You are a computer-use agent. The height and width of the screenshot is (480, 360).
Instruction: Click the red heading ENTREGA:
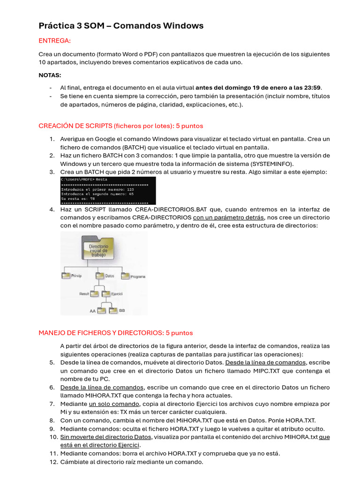[x=54, y=41]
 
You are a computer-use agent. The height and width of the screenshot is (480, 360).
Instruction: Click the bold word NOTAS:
[x=50, y=75]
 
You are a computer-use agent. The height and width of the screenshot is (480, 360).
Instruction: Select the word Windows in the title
[x=185, y=26]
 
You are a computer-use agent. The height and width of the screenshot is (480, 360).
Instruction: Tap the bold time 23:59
[x=312, y=88]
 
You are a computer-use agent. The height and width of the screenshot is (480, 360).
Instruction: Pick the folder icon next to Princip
[x=66, y=276]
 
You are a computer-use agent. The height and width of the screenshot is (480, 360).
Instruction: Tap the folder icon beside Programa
[x=125, y=276]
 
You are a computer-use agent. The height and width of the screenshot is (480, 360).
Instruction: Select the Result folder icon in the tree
[x=95, y=293]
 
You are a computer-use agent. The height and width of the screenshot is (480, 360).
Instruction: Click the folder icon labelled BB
[x=113, y=310]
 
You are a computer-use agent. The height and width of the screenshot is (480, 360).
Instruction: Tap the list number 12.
[x=53, y=462]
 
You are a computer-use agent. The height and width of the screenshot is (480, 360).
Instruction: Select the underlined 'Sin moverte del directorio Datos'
[x=105, y=437]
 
